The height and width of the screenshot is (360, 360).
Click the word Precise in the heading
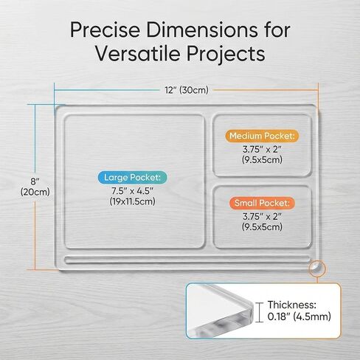pyautogui.click(x=105, y=30)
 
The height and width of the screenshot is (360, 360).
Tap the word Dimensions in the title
pyautogui.click(x=202, y=30)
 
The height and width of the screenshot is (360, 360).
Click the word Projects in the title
pyautogui.click(x=226, y=55)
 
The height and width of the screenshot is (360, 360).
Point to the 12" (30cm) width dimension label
pyautogui.click(x=187, y=90)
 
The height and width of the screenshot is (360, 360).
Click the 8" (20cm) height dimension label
pyautogui.click(x=35, y=187)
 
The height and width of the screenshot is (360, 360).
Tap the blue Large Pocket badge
pyautogui.click(x=132, y=177)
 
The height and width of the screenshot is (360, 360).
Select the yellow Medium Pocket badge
pyautogui.click(x=262, y=136)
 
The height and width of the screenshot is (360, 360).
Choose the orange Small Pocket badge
pyautogui.click(x=262, y=203)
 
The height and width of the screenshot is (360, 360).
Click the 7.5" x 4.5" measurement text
pyautogui.click(x=132, y=190)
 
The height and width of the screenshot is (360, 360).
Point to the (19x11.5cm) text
pyautogui.click(x=132, y=201)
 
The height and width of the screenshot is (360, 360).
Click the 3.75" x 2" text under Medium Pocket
pyautogui.click(x=262, y=149)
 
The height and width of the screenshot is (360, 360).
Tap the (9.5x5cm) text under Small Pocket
pyautogui.click(x=262, y=226)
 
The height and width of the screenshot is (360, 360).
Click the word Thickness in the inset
pyautogui.click(x=292, y=305)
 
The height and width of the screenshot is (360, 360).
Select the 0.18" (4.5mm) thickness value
pyautogui.click(x=300, y=316)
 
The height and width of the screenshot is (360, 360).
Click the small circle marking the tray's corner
pyautogui.click(x=317, y=269)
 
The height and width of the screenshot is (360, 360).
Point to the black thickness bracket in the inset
pyautogui.click(x=258, y=312)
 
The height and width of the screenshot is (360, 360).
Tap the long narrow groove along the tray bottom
pyautogui.click(x=187, y=260)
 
